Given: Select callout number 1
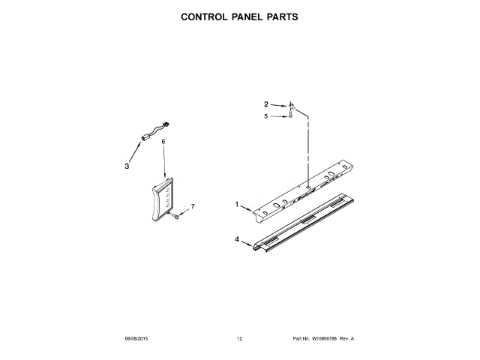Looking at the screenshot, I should tap(237, 204).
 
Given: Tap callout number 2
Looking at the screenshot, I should tap(265, 104).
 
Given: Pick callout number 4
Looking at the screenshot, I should tap(237, 240).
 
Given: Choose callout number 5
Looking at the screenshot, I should tap(265, 116).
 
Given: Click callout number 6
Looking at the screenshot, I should tap(163, 141).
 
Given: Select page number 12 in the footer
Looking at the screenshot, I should tap(239, 339).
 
